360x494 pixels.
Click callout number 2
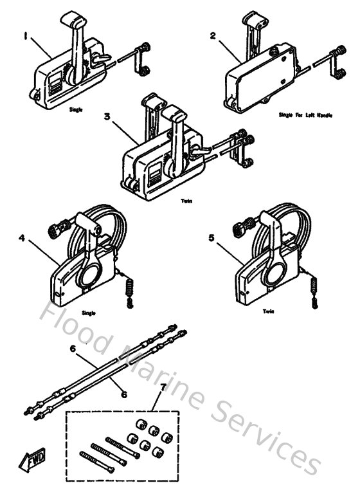213,36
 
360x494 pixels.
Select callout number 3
108,116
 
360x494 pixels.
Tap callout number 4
22,237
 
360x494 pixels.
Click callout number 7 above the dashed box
163,387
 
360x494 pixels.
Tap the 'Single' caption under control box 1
76,110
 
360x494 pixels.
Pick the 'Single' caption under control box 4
89,313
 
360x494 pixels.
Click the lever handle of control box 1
75,39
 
